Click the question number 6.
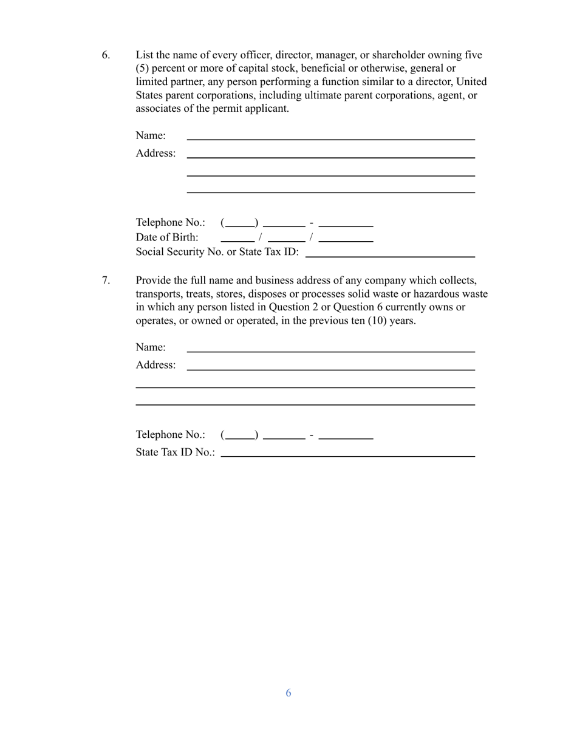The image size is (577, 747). pos(106,55)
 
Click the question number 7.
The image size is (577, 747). pos(106,281)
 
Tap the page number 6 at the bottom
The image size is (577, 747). pos(288,693)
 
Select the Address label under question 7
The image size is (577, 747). pos(155,365)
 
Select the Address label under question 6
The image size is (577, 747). pos(155,153)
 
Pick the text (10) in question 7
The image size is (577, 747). pos(380,321)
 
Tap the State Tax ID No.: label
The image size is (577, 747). pos(176,452)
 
